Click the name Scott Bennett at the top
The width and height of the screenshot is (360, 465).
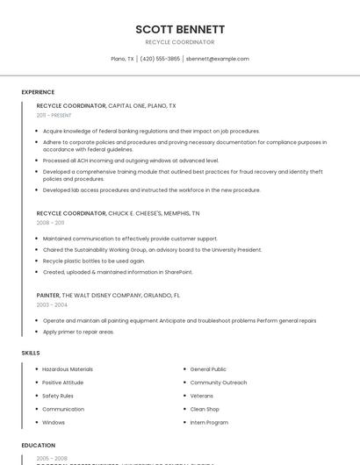click(179, 29)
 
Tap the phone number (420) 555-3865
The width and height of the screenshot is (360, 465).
click(160, 59)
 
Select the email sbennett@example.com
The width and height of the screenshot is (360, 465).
click(218, 59)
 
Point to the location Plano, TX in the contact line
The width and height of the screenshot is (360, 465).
click(122, 59)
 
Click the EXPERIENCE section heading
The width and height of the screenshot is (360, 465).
click(38, 92)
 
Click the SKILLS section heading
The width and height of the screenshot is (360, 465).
click(31, 353)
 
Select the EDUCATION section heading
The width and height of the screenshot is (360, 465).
click(39, 445)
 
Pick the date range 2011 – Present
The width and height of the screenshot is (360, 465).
click(54, 115)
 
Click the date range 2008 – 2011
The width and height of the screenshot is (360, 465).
click(50, 223)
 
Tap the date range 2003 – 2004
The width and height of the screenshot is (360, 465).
click(51, 305)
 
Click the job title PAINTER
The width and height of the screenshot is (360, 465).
click(47, 296)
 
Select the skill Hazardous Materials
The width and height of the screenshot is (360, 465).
click(68, 369)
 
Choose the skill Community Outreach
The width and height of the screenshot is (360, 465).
click(219, 383)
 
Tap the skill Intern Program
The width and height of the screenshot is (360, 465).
click(209, 422)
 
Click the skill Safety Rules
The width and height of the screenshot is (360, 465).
click(58, 396)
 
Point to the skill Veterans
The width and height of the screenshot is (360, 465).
click(202, 396)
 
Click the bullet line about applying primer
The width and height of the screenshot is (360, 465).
click(78, 332)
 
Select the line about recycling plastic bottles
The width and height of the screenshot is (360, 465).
click(94, 261)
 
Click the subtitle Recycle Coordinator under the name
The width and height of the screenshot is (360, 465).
click(179, 42)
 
